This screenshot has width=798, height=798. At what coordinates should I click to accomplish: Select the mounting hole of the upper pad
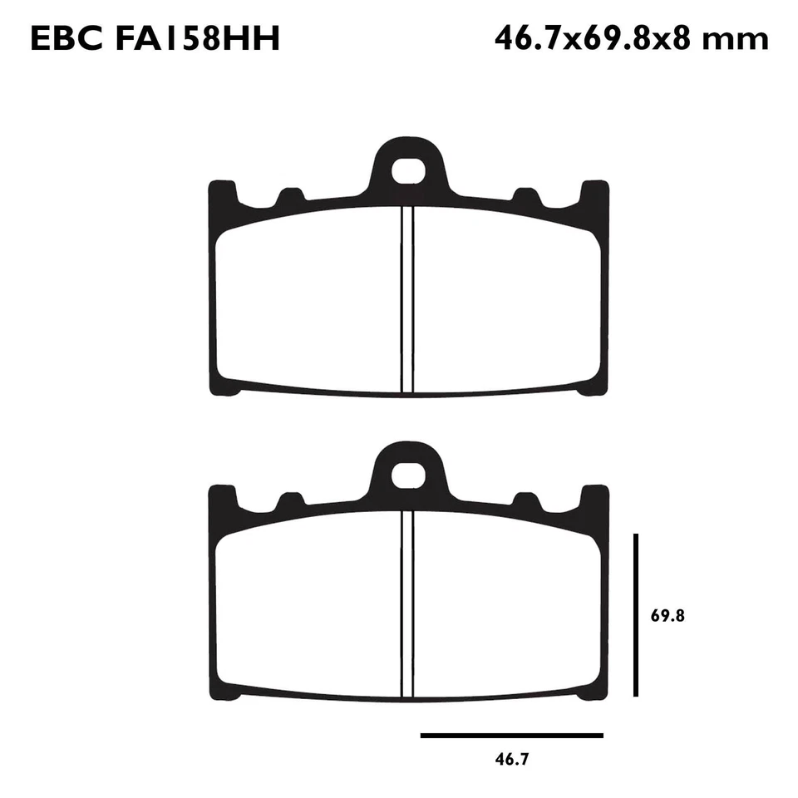coord(407,171)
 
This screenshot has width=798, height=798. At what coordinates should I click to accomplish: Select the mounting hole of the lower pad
coord(407,475)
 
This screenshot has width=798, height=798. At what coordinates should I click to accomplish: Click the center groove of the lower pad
coord(407,603)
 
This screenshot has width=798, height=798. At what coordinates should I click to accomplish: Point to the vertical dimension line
coord(635,615)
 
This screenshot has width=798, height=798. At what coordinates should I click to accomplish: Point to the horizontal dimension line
coord(512,735)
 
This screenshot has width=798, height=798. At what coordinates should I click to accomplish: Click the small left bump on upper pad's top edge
coord(289,198)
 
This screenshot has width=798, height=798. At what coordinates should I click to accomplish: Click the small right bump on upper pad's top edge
coord(525,198)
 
